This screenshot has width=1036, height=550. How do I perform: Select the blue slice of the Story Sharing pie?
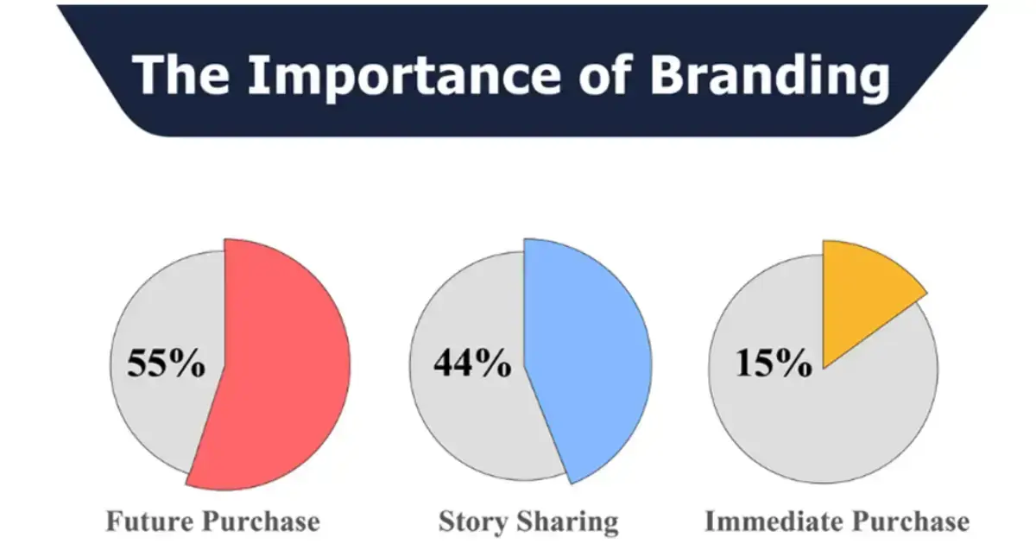(587, 363)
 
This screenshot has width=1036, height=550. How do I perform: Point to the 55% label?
(167, 363)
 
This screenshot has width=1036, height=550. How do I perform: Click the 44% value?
(471, 363)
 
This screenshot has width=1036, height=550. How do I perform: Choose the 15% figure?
(774, 364)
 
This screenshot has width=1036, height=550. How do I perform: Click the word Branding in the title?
(769, 76)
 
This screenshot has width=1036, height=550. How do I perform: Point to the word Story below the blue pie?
(472, 522)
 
